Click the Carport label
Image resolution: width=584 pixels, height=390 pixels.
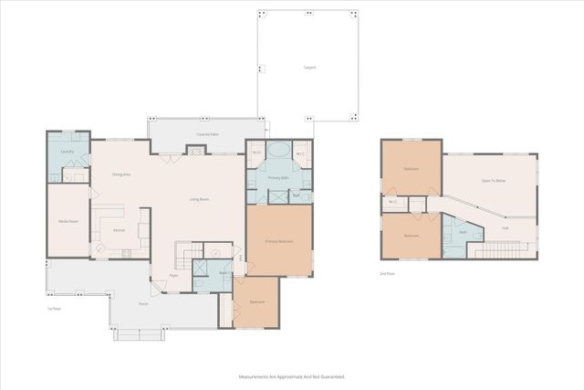tap(308, 68)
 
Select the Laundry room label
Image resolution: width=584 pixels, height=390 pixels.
tap(67, 151)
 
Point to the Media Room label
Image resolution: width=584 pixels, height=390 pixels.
tap(68, 221)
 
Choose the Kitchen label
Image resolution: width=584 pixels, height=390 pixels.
tap(119, 230)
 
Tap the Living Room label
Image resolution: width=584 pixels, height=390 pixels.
tap(200, 199)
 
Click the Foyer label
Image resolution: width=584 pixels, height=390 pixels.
tap(173, 275)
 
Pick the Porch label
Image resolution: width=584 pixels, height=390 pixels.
tap(143, 303)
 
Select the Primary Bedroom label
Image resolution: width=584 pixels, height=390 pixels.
tap(278, 241)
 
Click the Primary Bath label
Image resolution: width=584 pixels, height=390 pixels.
tap(278, 177)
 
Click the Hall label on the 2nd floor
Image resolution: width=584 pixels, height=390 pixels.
tap(505, 227)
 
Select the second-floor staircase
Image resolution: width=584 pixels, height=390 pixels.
tap(499, 248)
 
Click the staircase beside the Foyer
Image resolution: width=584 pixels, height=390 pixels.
tap(188, 255)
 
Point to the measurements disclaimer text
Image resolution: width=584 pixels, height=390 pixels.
tap(292, 375)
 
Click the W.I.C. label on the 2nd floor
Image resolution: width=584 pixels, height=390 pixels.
tap(392, 202)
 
